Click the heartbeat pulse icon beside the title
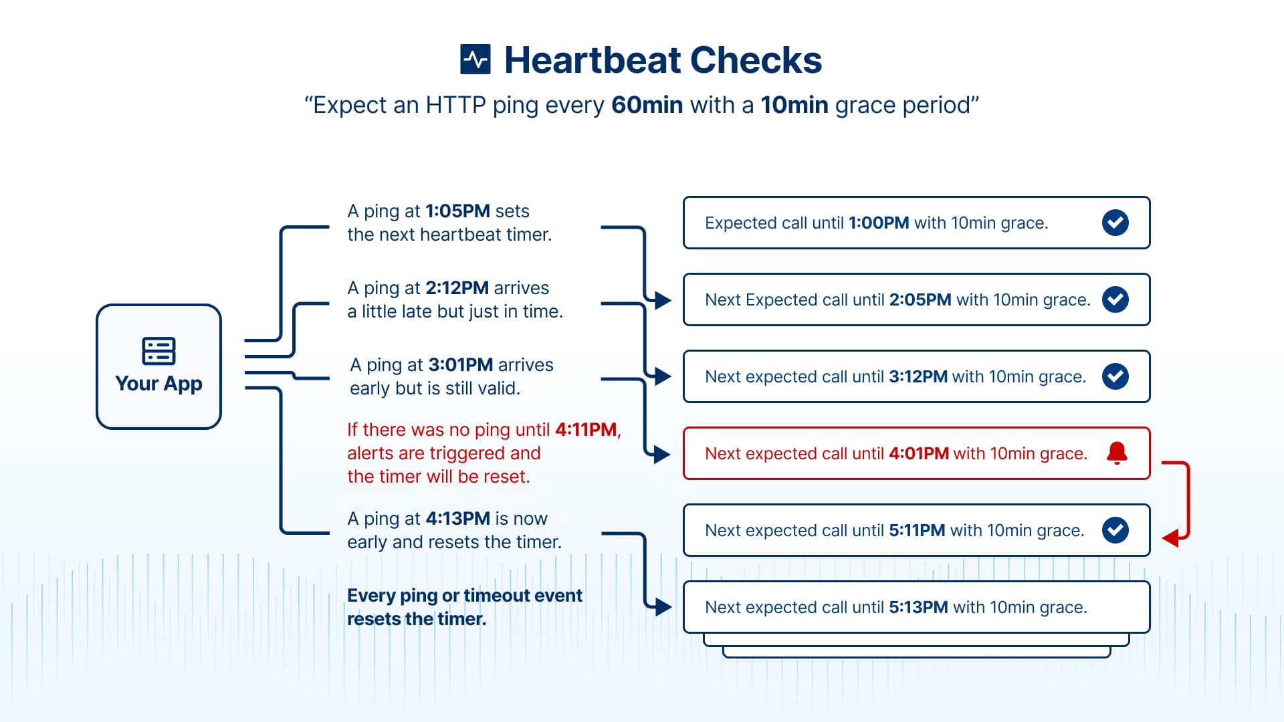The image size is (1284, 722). click(475, 59)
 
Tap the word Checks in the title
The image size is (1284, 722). click(756, 60)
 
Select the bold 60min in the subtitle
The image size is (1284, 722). click(647, 106)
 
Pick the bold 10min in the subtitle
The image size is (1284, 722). click(794, 106)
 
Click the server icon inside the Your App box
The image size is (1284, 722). click(158, 351)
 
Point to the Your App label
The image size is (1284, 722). click(158, 384)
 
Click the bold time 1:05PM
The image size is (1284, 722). click(457, 211)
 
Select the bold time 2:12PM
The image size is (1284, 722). click(457, 288)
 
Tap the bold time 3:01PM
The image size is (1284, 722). click(460, 365)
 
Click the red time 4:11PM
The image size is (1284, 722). click(586, 430)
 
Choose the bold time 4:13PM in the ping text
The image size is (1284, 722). click(457, 519)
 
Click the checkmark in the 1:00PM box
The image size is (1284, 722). click(1115, 223)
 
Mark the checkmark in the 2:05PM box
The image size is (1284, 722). click(1115, 299)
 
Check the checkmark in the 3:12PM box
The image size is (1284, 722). click(1115, 376)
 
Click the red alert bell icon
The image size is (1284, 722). click(1117, 453)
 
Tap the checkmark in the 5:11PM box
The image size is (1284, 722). click(1115, 530)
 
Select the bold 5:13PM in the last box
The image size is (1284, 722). click(918, 608)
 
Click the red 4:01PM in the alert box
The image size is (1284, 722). click(918, 454)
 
